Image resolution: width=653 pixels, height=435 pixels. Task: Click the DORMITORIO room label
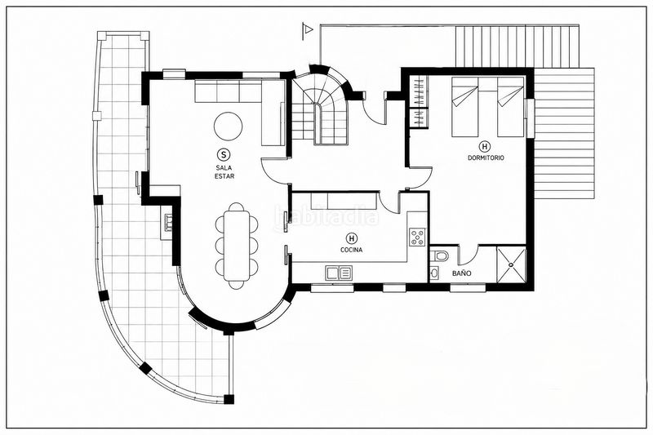pyautogui.click(x=486, y=158)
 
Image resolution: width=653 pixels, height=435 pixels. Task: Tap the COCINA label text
pyautogui.click(x=352, y=250)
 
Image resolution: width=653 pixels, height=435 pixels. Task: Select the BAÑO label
pyautogui.click(x=462, y=273)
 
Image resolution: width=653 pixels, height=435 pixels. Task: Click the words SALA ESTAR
pyautogui.click(x=224, y=171)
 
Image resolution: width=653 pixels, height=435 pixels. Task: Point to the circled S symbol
pyautogui.click(x=224, y=154)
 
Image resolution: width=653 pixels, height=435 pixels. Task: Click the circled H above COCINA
pyautogui.click(x=352, y=238)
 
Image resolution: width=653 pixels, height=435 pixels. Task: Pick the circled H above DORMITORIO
pyautogui.click(x=485, y=146)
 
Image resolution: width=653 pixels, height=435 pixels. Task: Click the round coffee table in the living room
pyautogui.click(x=228, y=127)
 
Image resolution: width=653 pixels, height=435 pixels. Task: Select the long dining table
pyautogui.click(x=236, y=246)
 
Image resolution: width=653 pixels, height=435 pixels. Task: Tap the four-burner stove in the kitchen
pyautogui.click(x=417, y=237)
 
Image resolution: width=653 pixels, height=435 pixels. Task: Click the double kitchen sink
pyautogui.click(x=339, y=273)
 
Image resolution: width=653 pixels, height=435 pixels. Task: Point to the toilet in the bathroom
pyautogui.click(x=439, y=255)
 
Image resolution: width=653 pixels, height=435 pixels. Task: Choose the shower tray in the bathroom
pyautogui.click(x=512, y=264)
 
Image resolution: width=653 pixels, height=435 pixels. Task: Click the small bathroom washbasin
pyautogui.click(x=434, y=273)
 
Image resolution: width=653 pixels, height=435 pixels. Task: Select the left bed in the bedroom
pyautogui.click(x=464, y=107)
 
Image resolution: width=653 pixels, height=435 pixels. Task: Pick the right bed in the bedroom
pyautogui.click(x=511, y=107)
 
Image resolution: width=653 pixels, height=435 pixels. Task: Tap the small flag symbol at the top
pyautogui.click(x=308, y=30)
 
